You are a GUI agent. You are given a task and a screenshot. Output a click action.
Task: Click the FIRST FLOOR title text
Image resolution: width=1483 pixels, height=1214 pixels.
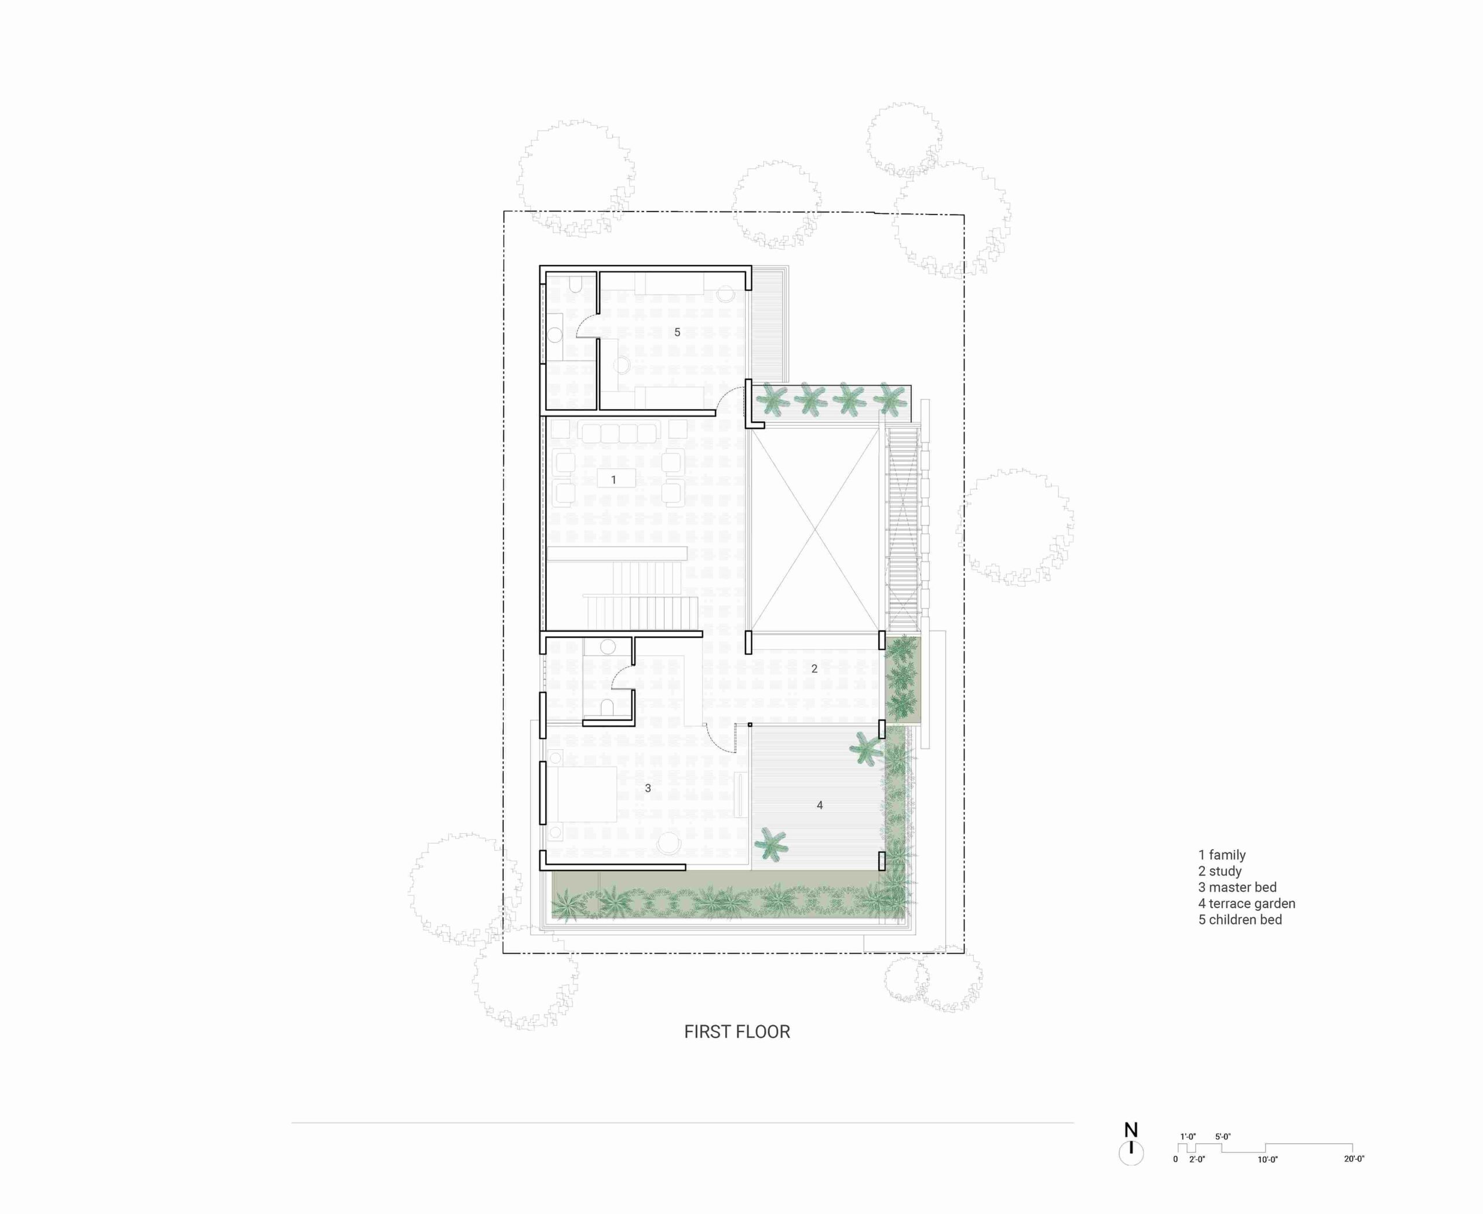point(737,1031)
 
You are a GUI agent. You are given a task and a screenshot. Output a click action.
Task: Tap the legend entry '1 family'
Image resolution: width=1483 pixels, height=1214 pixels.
point(1222,855)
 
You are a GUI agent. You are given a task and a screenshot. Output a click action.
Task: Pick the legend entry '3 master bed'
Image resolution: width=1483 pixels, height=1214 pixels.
point(1237,887)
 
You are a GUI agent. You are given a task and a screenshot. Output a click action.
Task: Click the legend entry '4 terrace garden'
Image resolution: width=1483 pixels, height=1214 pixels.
point(1247,903)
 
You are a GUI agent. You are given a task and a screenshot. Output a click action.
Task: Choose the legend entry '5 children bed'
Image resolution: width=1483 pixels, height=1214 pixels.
point(1240,920)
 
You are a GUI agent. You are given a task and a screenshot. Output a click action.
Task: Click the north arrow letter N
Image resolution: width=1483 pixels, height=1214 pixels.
point(1131,1130)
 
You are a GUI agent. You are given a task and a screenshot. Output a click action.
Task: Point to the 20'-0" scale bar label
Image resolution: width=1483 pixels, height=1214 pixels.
point(1354,1159)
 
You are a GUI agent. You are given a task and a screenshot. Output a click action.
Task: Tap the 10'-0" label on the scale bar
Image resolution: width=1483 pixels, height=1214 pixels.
point(1268,1160)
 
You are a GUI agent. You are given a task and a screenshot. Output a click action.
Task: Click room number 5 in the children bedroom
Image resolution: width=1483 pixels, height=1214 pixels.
point(677,332)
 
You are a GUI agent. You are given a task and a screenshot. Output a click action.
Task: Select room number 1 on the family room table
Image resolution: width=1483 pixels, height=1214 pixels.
point(614,480)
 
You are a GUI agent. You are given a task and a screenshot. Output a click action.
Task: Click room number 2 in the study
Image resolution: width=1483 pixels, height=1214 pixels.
point(814,669)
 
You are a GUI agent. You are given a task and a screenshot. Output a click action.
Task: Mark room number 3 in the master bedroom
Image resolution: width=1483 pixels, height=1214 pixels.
point(648,788)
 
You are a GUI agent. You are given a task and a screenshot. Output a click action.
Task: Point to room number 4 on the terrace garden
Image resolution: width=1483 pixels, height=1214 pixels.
point(820,805)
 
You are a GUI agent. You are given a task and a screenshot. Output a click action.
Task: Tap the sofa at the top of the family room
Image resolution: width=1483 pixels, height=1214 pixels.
point(619,433)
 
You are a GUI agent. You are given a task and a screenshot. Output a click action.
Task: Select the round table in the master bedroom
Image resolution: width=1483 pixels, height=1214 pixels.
point(669,842)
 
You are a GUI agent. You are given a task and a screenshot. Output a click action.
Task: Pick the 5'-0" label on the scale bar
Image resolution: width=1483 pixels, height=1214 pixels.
point(1223,1137)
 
